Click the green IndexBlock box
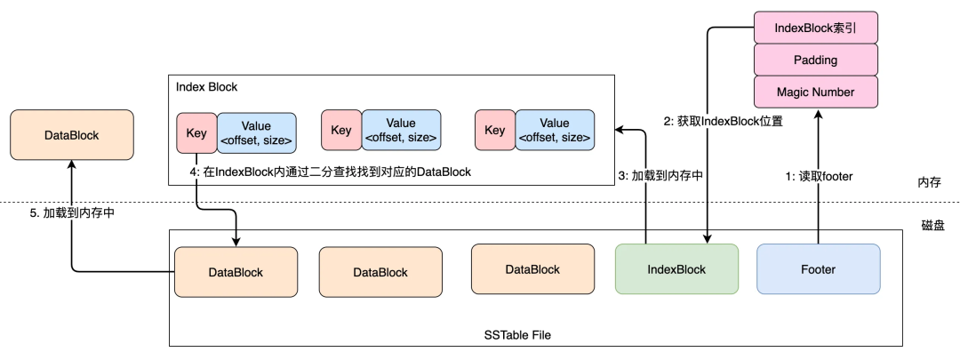(x=676, y=269)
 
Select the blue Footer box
(x=818, y=269)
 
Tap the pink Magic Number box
(x=815, y=92)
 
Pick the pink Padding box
(x=815, y=60)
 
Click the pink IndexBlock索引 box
(x=815, y=28)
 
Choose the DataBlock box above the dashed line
(x=72, y=135)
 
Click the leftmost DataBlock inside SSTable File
(x=236, y=272)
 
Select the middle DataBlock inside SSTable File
(x=380, y=272)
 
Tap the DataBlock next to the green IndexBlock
(x=532, y=269)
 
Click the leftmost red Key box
(x=196, y=131)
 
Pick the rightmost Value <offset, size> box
(x=555, y=131)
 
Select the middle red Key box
(x=341, y=131)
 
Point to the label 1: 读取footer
(x=820, y=176)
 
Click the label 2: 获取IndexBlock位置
(x=723, y=121)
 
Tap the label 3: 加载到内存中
(x=660, y=176)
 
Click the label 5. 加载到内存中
(x=72, y=213)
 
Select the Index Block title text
(x=206, y=87)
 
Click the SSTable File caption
(x=517, y=335)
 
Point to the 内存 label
(x=930, y=182)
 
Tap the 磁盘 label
(x=932, y=225)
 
